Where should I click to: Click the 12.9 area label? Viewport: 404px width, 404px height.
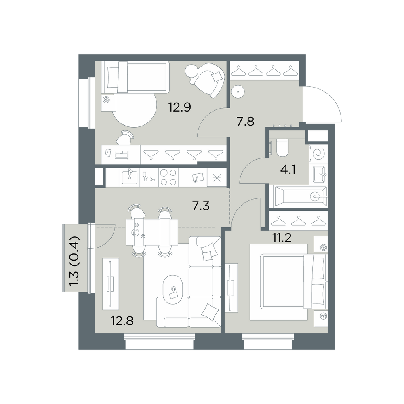point(180,107)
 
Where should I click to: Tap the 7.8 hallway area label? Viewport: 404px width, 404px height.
point(246,121)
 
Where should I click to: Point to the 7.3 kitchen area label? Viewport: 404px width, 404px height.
point(201,206)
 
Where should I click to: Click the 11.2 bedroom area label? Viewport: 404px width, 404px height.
point(282,238)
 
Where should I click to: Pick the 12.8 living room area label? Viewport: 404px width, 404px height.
point(122,321)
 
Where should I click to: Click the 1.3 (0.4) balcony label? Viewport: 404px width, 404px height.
point(75,261)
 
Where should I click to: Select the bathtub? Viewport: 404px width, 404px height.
point(298,197)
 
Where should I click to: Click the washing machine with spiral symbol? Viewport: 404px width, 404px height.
point(319,154)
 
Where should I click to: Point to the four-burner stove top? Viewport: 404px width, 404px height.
point(168,178)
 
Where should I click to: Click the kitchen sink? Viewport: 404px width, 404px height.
point(130,178)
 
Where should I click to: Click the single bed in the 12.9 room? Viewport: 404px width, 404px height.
point(135,77)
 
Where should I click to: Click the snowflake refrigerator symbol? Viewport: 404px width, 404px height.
point(217,178)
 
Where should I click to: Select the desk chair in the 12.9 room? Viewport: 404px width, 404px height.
point(125,138)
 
